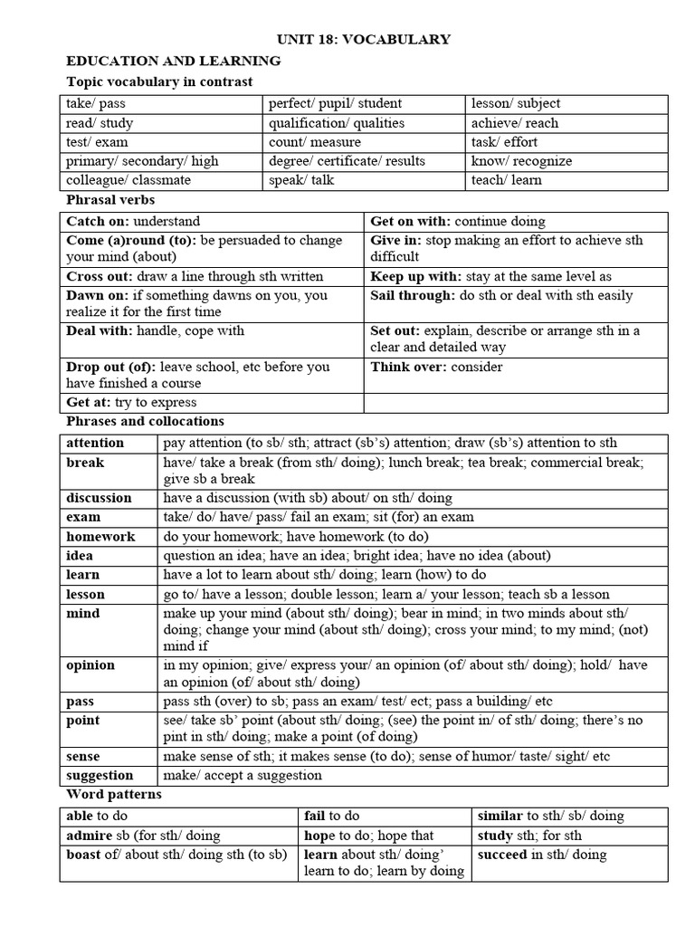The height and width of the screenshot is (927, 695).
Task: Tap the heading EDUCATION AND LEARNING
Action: click(x=174, y=61)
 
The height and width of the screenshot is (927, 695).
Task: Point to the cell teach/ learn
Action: click(x=507, y=180)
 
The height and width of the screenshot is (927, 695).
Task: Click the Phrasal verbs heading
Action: click(x=110, y=199)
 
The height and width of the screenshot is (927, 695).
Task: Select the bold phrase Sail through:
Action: click(x=412, y=295)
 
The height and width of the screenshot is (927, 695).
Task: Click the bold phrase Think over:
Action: click(x=405, y=367)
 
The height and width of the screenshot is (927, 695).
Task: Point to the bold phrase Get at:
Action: click(x=88, y=403)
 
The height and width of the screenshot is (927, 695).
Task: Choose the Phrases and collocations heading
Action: click(x=146, y=421)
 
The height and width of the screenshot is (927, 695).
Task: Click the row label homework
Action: click(x=100, y=536)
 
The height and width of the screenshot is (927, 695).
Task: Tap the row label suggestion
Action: click(x=100, y=775)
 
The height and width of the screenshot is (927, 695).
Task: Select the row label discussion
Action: click(x=99, y=498)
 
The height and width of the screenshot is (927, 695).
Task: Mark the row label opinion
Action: click(x=90, y=664)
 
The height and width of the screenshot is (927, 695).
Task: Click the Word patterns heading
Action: click(x=114, y=794)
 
